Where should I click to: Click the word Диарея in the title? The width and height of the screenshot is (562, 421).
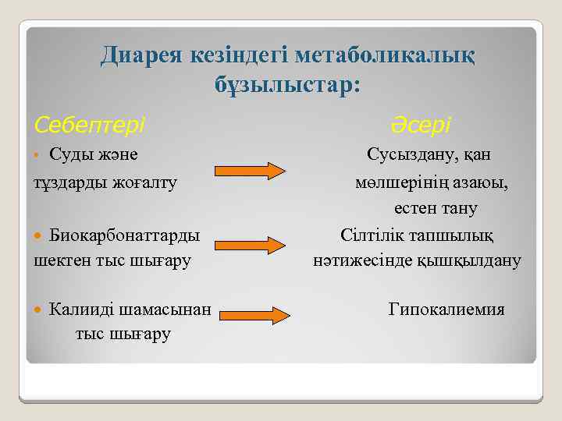[140, 55]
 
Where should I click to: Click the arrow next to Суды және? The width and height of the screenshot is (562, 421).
[251, 171]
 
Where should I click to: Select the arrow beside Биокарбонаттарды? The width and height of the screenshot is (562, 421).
[251, 245]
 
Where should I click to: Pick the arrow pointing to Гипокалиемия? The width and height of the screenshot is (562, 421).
[251, 316]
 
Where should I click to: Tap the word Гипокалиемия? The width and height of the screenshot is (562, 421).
[446, 310]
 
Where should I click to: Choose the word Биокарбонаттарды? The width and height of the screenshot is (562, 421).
[124, 235]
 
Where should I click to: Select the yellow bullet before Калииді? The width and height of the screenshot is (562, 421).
[41, 310]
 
